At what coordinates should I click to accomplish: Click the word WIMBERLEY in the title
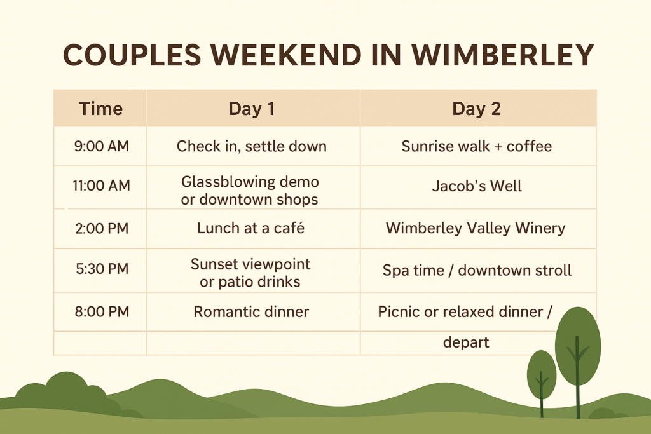(502, 56)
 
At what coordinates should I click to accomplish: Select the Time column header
(100, 109)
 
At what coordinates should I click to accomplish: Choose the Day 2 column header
(476, 109)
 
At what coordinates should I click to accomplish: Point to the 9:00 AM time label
(101, 146)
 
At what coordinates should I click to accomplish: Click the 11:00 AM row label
(101, 186)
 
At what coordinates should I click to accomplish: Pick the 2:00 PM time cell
(101, 228)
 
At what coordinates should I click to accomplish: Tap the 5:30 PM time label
(101, 270)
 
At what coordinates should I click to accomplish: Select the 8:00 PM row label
(101, 312)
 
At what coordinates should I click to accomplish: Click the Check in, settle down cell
(251, 146)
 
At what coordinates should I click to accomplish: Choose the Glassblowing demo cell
(250, 190)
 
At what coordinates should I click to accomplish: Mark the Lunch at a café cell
(250, 228)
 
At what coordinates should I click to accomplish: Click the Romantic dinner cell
(251, 312)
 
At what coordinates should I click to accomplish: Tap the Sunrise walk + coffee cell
(476, 146)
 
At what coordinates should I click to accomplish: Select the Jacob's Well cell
(476, 186)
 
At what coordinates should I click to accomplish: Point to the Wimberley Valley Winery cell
(475, 228)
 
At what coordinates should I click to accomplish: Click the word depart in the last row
(466, 342)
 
